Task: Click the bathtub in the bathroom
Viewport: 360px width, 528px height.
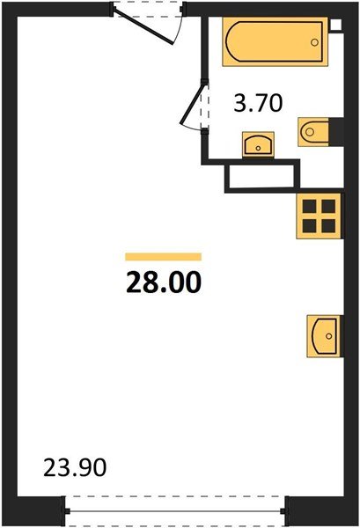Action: [275, 41]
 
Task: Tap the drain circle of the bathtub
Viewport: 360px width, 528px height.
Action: [314, 42]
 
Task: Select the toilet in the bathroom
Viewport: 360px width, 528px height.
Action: [313, 132]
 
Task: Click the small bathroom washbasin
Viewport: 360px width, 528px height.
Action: [258, 144]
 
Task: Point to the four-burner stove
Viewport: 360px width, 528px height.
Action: [319, 216]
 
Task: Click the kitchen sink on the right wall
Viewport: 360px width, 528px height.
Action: [324, 336]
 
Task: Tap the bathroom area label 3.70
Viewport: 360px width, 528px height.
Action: [258, 103]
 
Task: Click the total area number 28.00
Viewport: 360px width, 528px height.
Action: [164, 282]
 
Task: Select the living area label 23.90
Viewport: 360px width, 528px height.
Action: [75, 467]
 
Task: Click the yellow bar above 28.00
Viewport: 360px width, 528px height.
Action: [164, 257]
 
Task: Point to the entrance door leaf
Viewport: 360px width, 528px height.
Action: [143, 26]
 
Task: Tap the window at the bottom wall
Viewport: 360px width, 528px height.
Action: [174, 511]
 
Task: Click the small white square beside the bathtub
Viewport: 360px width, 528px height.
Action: [335, 25]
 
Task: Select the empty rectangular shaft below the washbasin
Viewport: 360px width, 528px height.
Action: [261, 176]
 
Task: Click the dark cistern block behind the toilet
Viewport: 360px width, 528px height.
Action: [336, 132]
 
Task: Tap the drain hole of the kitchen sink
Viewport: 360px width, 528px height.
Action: [328, 336]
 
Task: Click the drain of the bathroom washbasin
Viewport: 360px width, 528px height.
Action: [258, 148]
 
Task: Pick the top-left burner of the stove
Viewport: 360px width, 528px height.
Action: [309, 206]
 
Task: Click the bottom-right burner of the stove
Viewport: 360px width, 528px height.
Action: [328, 225]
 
